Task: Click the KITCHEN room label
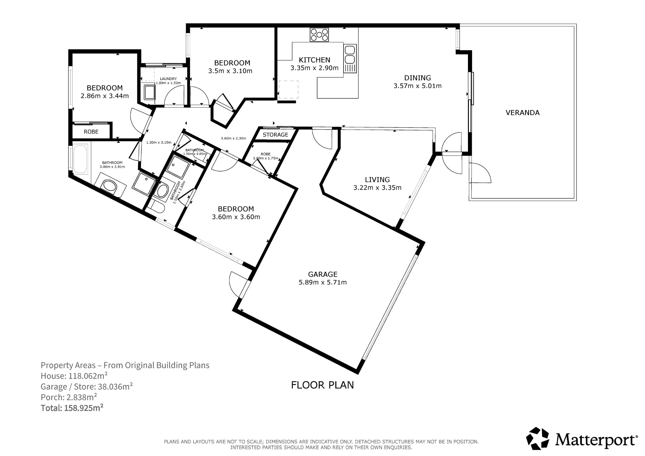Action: [314, 60]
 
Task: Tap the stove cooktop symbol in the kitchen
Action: [319, 35]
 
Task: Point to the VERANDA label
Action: [522, 113]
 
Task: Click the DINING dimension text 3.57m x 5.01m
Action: [418, 86]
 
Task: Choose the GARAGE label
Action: [323, 274]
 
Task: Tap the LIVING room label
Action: [377, 180]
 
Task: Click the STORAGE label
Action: [275, 135]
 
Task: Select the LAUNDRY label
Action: [168, 79]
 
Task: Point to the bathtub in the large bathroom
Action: [80, 159]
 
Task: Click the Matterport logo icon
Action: [538, 439]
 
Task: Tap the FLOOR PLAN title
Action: [322, 385]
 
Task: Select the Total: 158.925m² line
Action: [72, 408]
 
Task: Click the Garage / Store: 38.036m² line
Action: [87, 387]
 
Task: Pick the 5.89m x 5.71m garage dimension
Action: [323, 283]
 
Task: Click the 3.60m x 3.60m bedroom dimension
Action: [236, 217]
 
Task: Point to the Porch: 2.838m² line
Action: [69, 397]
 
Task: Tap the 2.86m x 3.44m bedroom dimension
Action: [105, 96]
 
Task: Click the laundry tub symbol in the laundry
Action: [149, 92]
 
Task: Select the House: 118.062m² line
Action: [74, 376]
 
